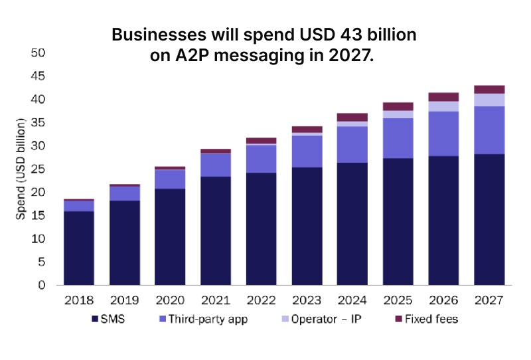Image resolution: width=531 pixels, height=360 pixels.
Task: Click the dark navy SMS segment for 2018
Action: pos(78,248)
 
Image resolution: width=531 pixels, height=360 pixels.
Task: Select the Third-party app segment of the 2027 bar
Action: pos(489,130)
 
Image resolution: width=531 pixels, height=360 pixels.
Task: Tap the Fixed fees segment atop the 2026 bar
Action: pos(443,97)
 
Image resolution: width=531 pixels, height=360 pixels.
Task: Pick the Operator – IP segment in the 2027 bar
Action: pos(489,100)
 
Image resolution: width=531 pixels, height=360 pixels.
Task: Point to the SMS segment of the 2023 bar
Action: pos(307,226)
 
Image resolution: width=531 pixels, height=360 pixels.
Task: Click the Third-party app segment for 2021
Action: pos(215,165)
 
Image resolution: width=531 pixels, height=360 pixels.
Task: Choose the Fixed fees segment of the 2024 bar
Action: pos(352,118)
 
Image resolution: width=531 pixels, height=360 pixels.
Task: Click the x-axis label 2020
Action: pos(169,300)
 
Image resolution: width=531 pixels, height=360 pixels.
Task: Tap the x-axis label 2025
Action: pos(398,300)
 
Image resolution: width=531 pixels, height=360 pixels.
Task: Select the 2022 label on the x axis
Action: pos(261,300)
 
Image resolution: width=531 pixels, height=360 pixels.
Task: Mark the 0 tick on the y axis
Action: pos(41,286)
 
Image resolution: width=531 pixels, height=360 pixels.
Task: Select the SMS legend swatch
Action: pos(95,319)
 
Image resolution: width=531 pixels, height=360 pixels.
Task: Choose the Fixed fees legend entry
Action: pos(428,319)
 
